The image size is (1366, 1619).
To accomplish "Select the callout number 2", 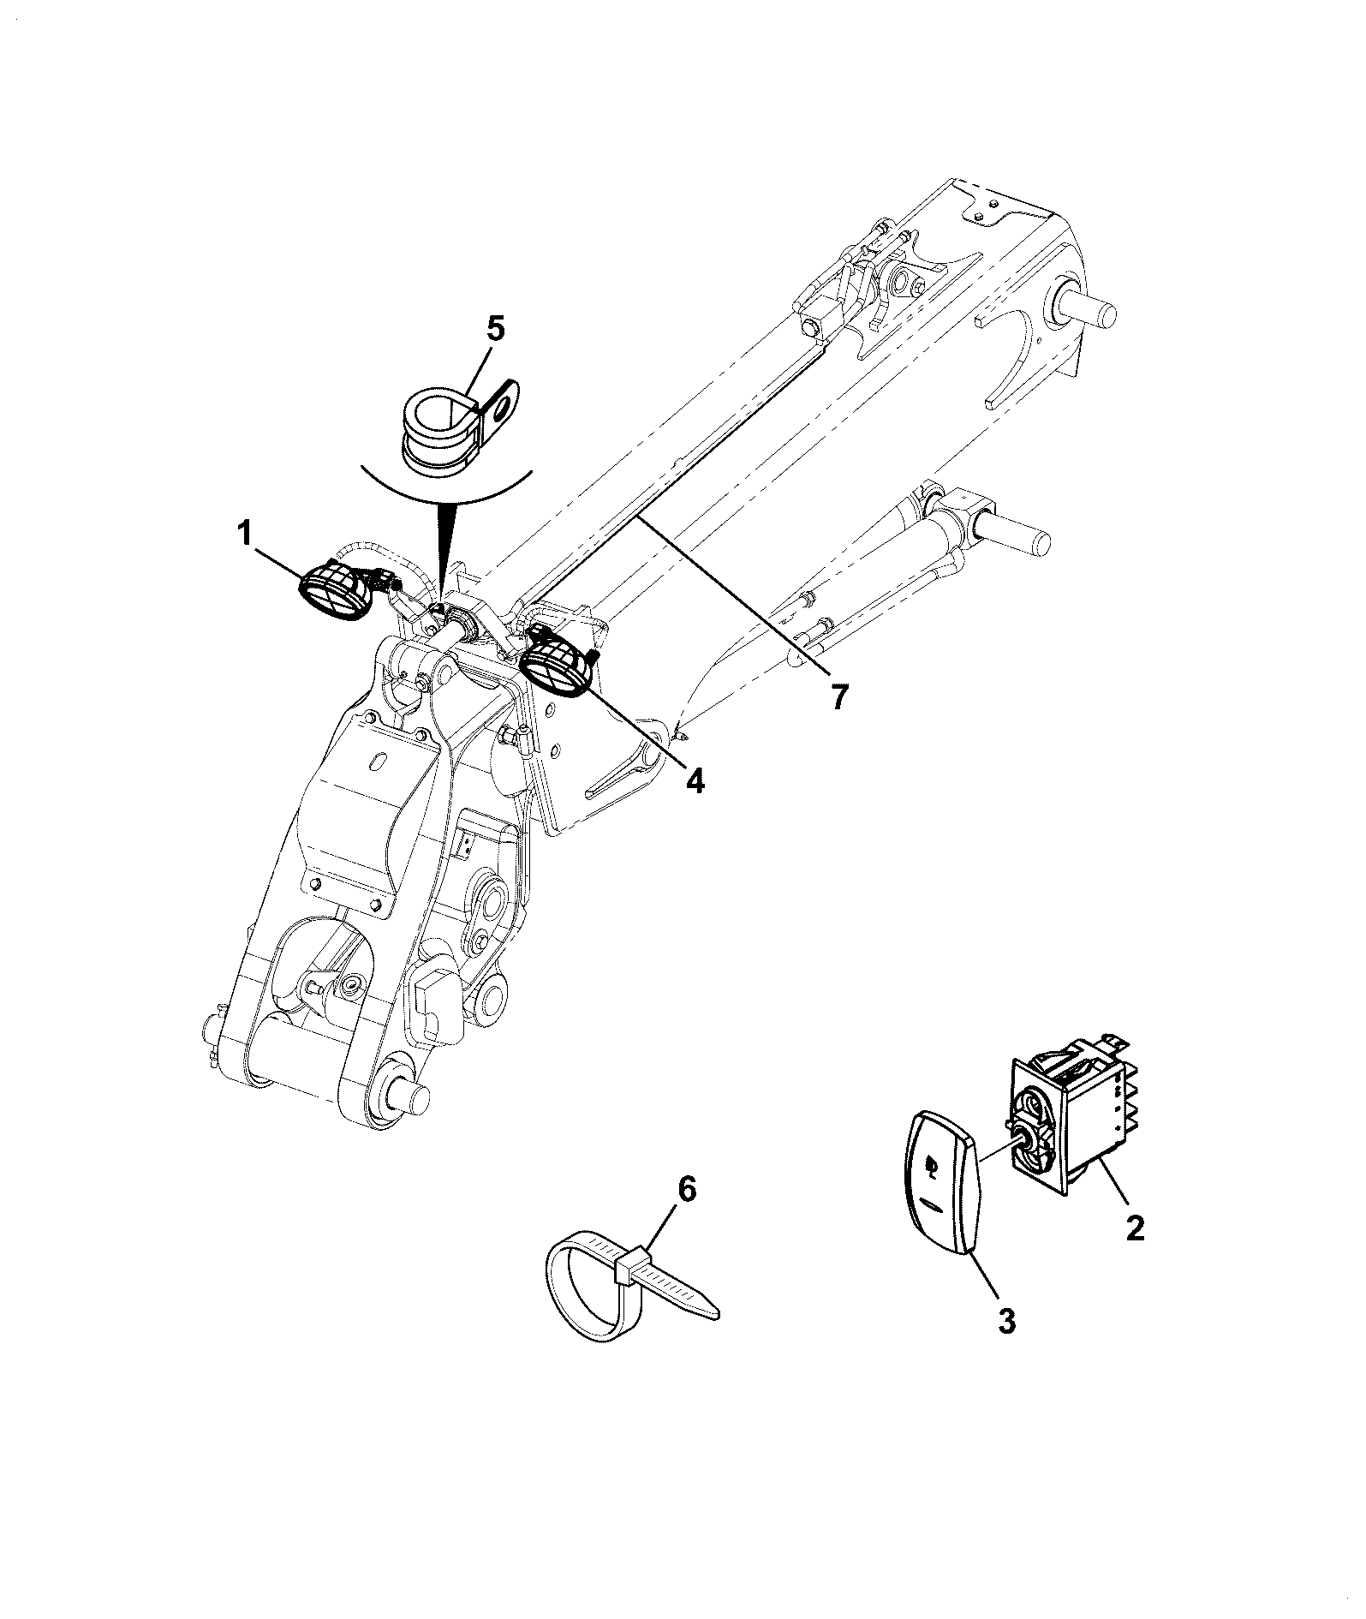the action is point(1134,1228).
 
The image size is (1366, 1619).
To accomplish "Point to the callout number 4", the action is point(695,780).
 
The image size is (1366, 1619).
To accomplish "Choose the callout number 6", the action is point(689,1191).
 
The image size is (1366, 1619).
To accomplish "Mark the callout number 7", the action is point(839,698).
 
